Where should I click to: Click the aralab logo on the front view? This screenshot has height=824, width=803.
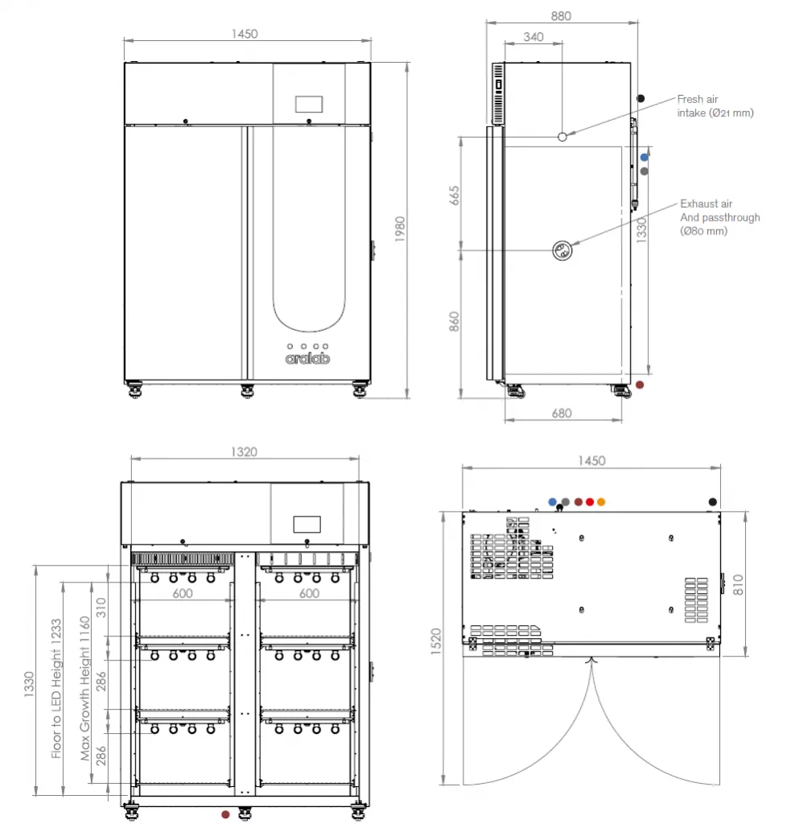click(x=307, y=358)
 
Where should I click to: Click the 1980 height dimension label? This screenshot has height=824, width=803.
click(x=400, y=229)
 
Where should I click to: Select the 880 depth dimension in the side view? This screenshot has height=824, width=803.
click(x=561, y=16)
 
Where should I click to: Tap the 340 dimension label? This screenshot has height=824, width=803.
click(x=533, y=37)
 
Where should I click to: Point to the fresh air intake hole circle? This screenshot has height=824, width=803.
click(x=562, y=137)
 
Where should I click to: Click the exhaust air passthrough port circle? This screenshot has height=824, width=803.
click(x=562, y=250)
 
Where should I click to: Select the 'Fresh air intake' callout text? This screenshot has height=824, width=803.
click(x=715, y=106)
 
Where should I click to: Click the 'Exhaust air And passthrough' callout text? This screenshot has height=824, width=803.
click(x=720, y=217)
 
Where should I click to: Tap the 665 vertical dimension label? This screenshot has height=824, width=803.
click(x=454, y=196)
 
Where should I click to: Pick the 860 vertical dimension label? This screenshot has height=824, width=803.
click(x=454, y=322)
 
